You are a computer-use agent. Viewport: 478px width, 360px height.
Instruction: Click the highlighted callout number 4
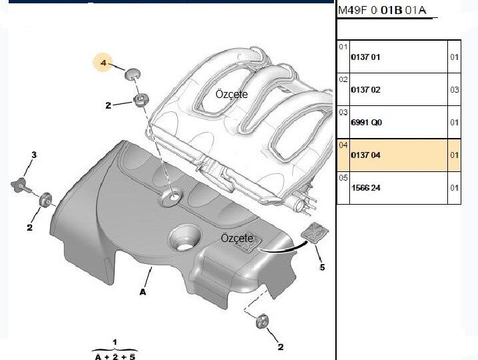(x=103, y=63)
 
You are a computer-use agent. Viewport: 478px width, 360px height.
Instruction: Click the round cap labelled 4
(x=133, y=73)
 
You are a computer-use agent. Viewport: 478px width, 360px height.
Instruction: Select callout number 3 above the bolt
(x=34, y=155)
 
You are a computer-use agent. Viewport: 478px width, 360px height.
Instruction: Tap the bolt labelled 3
(x=21, y=185)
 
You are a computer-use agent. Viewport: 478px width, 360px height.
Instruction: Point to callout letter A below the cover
(x=143, y=292)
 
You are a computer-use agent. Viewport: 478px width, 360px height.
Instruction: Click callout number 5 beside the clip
(x=322, y=267)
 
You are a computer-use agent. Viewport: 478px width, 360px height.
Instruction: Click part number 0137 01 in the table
(x=365, y=57)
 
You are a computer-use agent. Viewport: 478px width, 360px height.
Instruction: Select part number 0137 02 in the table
(x=365, y=90)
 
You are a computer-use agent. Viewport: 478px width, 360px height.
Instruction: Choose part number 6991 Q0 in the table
(x=366, y=123)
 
